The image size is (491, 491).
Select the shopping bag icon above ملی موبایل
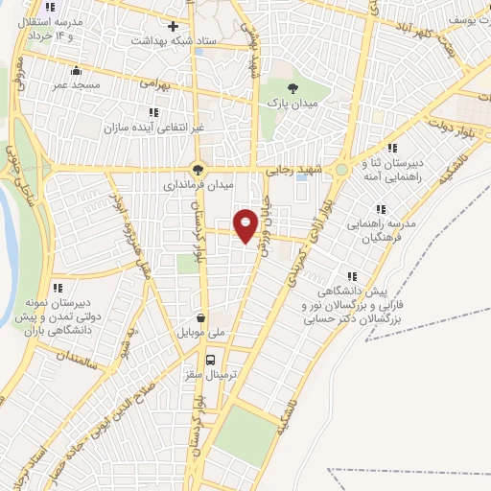point(200,316)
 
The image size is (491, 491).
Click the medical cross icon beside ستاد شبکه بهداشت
point(173,26)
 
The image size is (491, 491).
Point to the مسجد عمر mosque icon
point(77,70)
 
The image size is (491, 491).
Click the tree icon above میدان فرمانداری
point(199,168)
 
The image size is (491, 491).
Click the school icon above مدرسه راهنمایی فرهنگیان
point(381,209)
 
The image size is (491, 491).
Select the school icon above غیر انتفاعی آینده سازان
point(153,112)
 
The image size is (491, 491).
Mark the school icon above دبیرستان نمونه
point(57,287)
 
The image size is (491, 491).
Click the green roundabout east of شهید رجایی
point(340,170)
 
